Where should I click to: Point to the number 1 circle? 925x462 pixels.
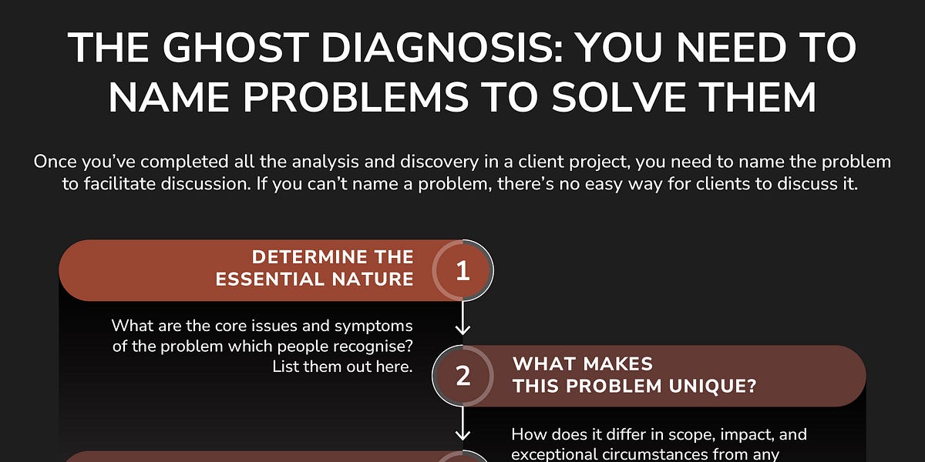(x=462, y=271)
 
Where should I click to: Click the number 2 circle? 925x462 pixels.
(x=462, y=375)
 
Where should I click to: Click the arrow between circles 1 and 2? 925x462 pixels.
(x=462, y=316)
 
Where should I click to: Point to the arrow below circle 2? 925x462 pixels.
(x=462, y=423)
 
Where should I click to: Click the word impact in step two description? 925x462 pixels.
(x=727, y=435)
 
